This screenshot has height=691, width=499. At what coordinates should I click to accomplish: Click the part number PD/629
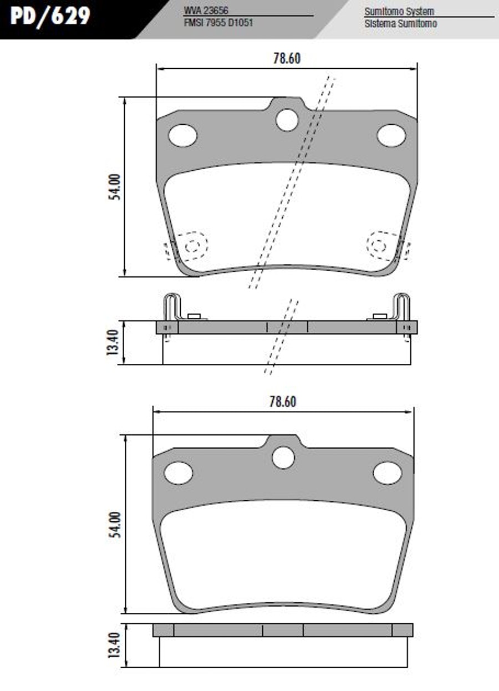click(x=50, y=16)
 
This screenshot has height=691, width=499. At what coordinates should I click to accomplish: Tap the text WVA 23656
click(x=206, y=11)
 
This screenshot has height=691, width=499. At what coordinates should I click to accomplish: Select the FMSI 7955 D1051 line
click(x=218, y=23)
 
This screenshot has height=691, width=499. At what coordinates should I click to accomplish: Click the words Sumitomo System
click(x=399, y=12)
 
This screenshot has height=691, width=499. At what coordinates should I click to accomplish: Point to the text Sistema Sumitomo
click(x=401, y=24)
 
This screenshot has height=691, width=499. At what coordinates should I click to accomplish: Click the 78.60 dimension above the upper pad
click(x=287, y=59)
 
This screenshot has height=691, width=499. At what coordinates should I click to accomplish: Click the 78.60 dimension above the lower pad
click(x=283, y=402)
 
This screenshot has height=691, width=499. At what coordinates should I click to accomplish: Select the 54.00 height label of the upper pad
click(x=115, y=187)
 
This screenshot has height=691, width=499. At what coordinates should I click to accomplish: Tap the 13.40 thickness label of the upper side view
click(x=112, y=342)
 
